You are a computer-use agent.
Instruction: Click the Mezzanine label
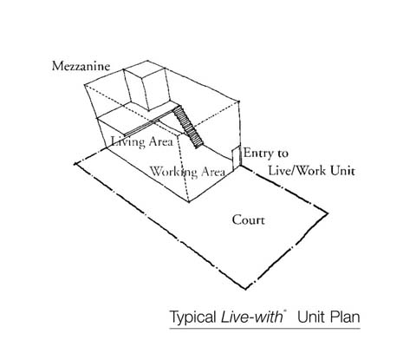click(81, 66)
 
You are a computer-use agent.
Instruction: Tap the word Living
click(128, 142)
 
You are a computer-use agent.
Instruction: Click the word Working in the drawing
click(173, 172)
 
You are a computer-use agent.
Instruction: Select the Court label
click(248, 220)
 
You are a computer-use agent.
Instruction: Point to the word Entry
click(259, 154)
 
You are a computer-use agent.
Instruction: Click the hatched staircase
click(188, 127)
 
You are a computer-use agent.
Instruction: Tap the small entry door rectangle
click(237, 158)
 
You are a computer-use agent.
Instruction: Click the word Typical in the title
click(192, 317)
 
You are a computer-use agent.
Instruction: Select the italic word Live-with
click(251, 317)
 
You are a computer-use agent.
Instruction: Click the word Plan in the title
click(345, 317)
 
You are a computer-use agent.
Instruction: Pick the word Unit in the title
click(311, 317)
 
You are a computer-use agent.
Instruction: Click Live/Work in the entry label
click(297, 170)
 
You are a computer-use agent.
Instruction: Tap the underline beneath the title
click(264, 328)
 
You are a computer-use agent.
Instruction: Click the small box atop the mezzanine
click(146, 86)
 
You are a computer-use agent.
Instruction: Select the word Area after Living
click(161, 141)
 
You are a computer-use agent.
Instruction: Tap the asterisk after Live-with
click(285, 311)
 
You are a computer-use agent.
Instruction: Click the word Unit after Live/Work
click(342, 170)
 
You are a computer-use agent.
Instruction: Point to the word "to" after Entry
click(283, 154)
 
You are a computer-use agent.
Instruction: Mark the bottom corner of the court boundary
click(245, 289)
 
